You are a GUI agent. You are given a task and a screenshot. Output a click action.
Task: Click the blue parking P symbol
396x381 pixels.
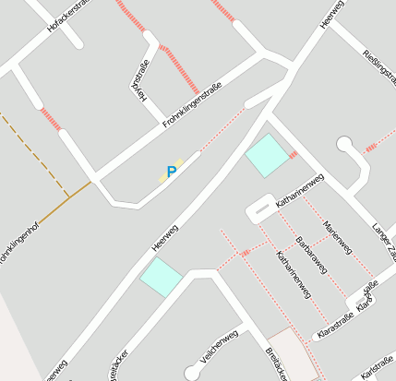[171, 172]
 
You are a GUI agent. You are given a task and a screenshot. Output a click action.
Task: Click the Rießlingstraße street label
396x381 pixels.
[379, 70]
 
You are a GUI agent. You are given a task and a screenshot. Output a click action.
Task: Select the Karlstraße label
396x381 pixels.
[377, 367]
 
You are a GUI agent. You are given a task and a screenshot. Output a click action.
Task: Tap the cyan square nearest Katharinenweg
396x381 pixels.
[268, 155]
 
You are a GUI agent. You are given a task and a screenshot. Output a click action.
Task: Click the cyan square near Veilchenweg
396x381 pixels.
[161, 276]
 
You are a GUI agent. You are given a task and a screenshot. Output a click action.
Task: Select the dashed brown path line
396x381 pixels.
[33, 152]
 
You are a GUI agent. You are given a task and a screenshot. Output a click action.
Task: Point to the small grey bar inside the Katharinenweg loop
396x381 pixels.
[262, 211]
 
